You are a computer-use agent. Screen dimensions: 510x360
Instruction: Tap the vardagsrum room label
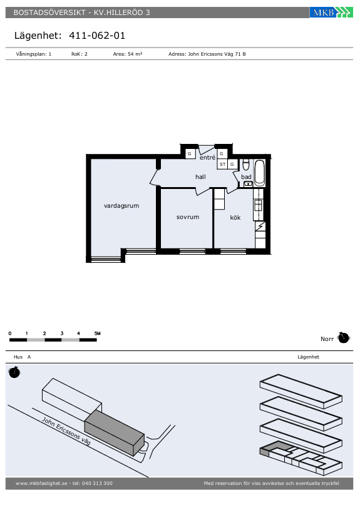[121, 205]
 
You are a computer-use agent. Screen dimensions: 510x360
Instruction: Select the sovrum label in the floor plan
[187, 217]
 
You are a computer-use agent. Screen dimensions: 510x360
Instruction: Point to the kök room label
[235, 217]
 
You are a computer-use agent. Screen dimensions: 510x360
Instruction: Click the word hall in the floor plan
[200, 177]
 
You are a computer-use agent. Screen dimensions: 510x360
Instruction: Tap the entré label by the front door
[207, 158]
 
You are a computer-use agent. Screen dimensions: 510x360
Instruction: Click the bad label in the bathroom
[246, 177]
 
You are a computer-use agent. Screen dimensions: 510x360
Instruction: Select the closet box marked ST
[222, 164]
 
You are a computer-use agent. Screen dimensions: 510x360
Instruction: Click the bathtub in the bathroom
[260, 172]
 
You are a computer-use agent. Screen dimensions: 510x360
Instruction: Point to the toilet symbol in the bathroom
[246, 165]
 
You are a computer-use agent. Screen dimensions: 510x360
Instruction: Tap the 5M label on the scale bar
[97, 333]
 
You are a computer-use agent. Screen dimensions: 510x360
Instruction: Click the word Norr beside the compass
[327, 339]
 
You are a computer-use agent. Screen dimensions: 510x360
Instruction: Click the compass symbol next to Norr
[343, 338]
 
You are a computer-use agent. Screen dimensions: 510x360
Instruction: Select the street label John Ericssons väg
[66, 431]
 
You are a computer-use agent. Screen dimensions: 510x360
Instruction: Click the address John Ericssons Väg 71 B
[207, 54]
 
